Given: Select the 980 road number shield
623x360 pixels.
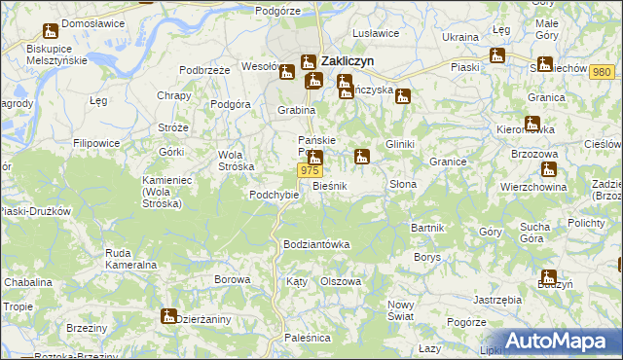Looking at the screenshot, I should pos(602,73).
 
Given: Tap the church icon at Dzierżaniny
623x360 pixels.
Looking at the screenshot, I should pos(168,316).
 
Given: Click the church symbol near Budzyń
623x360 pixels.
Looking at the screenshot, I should pos(548,277).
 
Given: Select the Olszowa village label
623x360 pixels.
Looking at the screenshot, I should pos(341,281).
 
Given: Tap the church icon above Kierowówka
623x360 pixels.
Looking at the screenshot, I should pos(531,123).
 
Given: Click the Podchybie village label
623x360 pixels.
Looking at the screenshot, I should pos(274,194).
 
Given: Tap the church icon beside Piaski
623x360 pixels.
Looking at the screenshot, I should pos(497,56).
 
